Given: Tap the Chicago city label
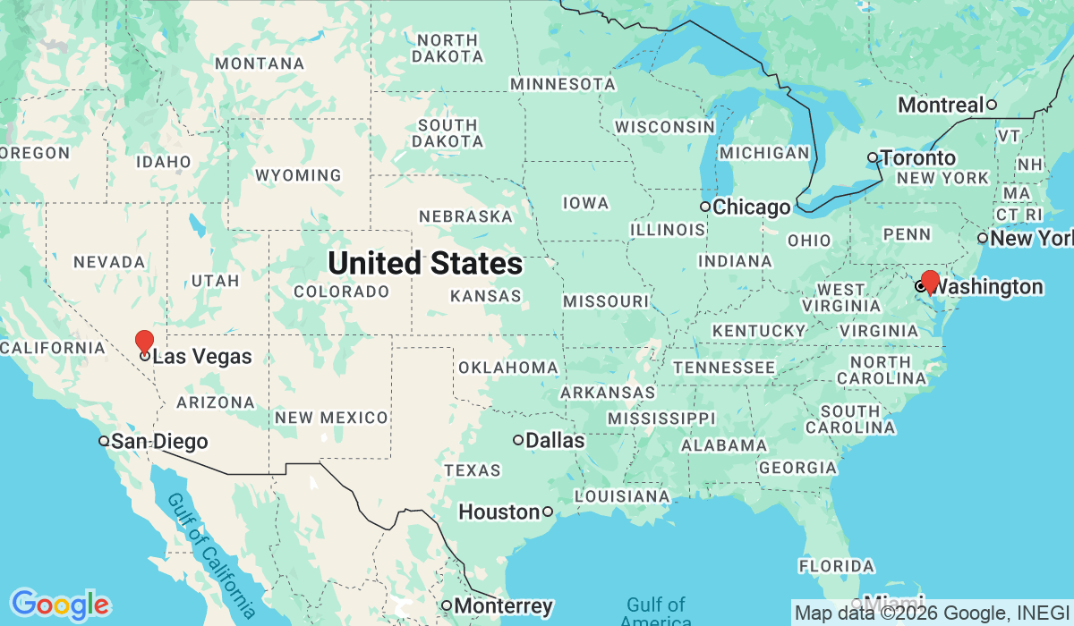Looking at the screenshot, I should point(752,208).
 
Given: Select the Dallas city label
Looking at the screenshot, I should point(555,441).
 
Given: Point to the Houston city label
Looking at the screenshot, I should point(499,512).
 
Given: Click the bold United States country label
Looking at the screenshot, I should point(425,264).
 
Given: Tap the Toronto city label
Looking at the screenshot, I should point(918,158).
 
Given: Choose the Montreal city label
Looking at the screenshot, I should point(941,106).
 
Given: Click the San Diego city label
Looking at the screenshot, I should point(159,442).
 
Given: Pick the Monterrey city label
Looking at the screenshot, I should point(504,606).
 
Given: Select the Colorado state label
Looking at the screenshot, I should point(341,292).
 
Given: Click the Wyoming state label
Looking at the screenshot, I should point(298,175).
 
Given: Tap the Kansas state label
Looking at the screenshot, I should point(486,296).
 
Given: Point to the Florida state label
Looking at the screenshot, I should point(836,566).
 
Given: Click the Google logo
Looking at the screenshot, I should point(60,605).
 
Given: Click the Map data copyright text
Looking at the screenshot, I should point(931,613).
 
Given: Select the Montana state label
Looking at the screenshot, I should point(260,64).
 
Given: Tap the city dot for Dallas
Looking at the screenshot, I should point(518,440).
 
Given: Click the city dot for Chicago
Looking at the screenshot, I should point(705,207).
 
